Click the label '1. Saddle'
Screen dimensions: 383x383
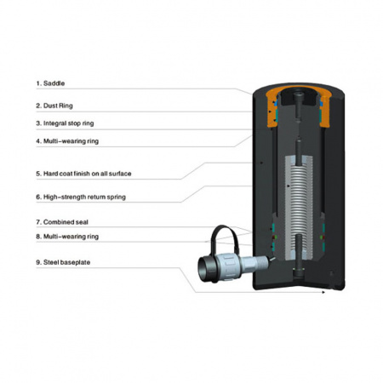pos(50,83)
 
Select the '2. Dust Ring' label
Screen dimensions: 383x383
pos(54,106)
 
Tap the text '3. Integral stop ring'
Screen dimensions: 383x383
pos(65,123)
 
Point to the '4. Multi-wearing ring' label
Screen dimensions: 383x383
pos(67,141)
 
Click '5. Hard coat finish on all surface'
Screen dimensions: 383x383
pos(83,174)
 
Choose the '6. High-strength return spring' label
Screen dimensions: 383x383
pos(81,197)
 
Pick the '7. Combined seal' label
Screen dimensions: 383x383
pos(62,222)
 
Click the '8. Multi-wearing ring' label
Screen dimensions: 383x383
pos(67,237)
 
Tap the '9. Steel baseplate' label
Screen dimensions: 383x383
pos(63,262)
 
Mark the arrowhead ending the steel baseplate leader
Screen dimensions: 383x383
pos(323,292)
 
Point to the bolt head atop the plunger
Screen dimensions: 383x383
pos(299,96)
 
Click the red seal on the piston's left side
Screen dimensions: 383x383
pos(273,237)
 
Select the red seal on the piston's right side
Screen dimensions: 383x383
pos(322,237)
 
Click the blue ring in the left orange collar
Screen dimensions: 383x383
pos(275,101)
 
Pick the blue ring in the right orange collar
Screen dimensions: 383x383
pos(321,103)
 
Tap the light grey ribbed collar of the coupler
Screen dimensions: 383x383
pos(229,266)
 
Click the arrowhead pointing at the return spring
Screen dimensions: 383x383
pos(289,186)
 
